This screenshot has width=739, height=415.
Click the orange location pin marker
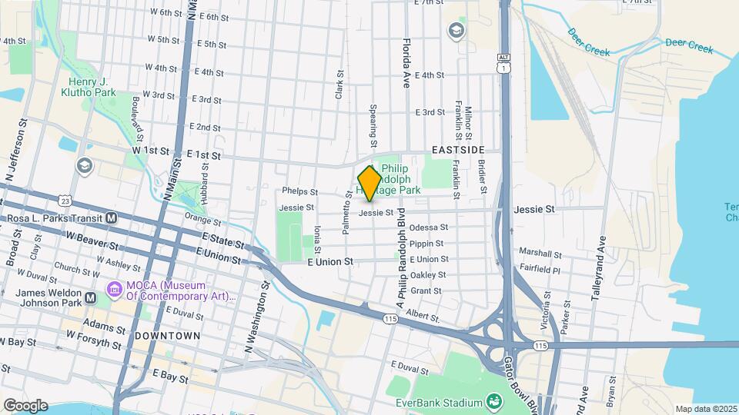(x=369, y=184)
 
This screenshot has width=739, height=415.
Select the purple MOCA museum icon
(x=115, y=290)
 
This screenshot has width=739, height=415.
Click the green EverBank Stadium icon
(x=493, y=402)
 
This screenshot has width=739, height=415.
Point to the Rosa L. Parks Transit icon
(x=112, y=218)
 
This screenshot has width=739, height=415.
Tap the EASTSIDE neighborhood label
(x=458, y=149)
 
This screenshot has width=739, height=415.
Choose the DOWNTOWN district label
(x=167, y=336)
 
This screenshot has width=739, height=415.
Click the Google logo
(x=25, y=405)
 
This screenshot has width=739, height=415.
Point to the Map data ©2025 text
(x=706, y=409)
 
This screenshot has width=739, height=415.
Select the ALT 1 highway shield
(x=503, y=65)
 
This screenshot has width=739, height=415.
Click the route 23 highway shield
(x=65, y=201)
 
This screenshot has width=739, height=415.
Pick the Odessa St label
(x=428, y=227)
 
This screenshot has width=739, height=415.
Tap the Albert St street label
(x=422, y=315)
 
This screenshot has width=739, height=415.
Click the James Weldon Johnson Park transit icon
(x=91, y=297)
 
